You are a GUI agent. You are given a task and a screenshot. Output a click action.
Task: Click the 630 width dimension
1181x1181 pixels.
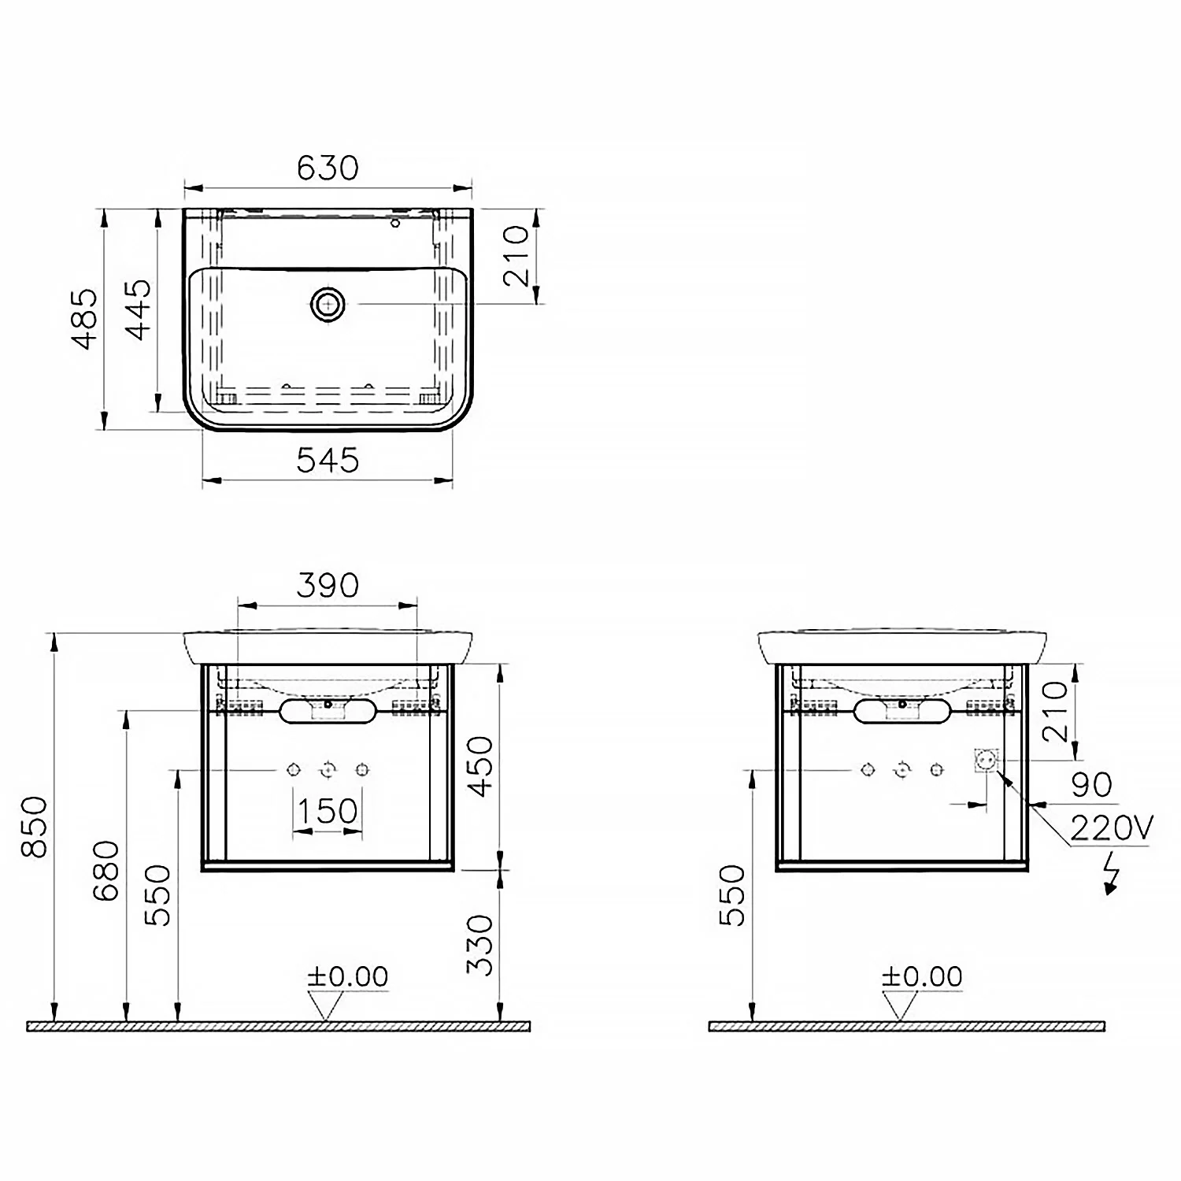(x=328, y=168)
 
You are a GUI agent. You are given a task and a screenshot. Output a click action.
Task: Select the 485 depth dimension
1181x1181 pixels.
(x=85, y=318)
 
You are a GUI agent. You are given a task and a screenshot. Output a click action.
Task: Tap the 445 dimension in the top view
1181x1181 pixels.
(x=139, y=309)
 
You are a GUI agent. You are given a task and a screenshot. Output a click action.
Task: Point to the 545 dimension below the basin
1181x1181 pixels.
(x=328, y=461)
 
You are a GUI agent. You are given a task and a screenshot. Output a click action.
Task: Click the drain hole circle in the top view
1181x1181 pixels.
(x=328, y=303)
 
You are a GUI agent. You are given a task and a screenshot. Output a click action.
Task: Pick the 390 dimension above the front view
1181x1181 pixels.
(x=328, y=585)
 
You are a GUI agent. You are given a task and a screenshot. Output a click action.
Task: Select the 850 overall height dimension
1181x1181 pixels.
(x=36, y=827)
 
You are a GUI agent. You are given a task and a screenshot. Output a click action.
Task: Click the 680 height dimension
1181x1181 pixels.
(x=107, y=871)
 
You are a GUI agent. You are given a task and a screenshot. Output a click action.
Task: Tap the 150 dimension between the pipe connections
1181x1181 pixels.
(x=328, y=810)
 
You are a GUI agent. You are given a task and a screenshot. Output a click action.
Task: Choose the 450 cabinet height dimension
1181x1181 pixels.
(x=480, y=766)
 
